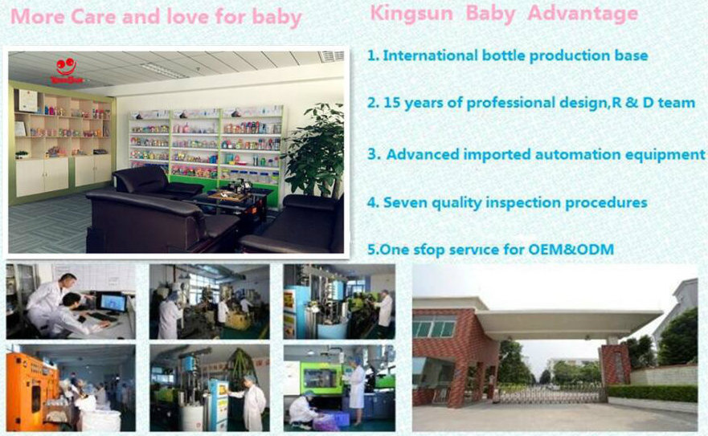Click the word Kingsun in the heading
(x=411, y=13)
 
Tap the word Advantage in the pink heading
(x=583, y=13)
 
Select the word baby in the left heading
(x=276, y=17)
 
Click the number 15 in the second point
(x=391, y=103)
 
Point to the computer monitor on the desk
(x=113, y=304)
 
